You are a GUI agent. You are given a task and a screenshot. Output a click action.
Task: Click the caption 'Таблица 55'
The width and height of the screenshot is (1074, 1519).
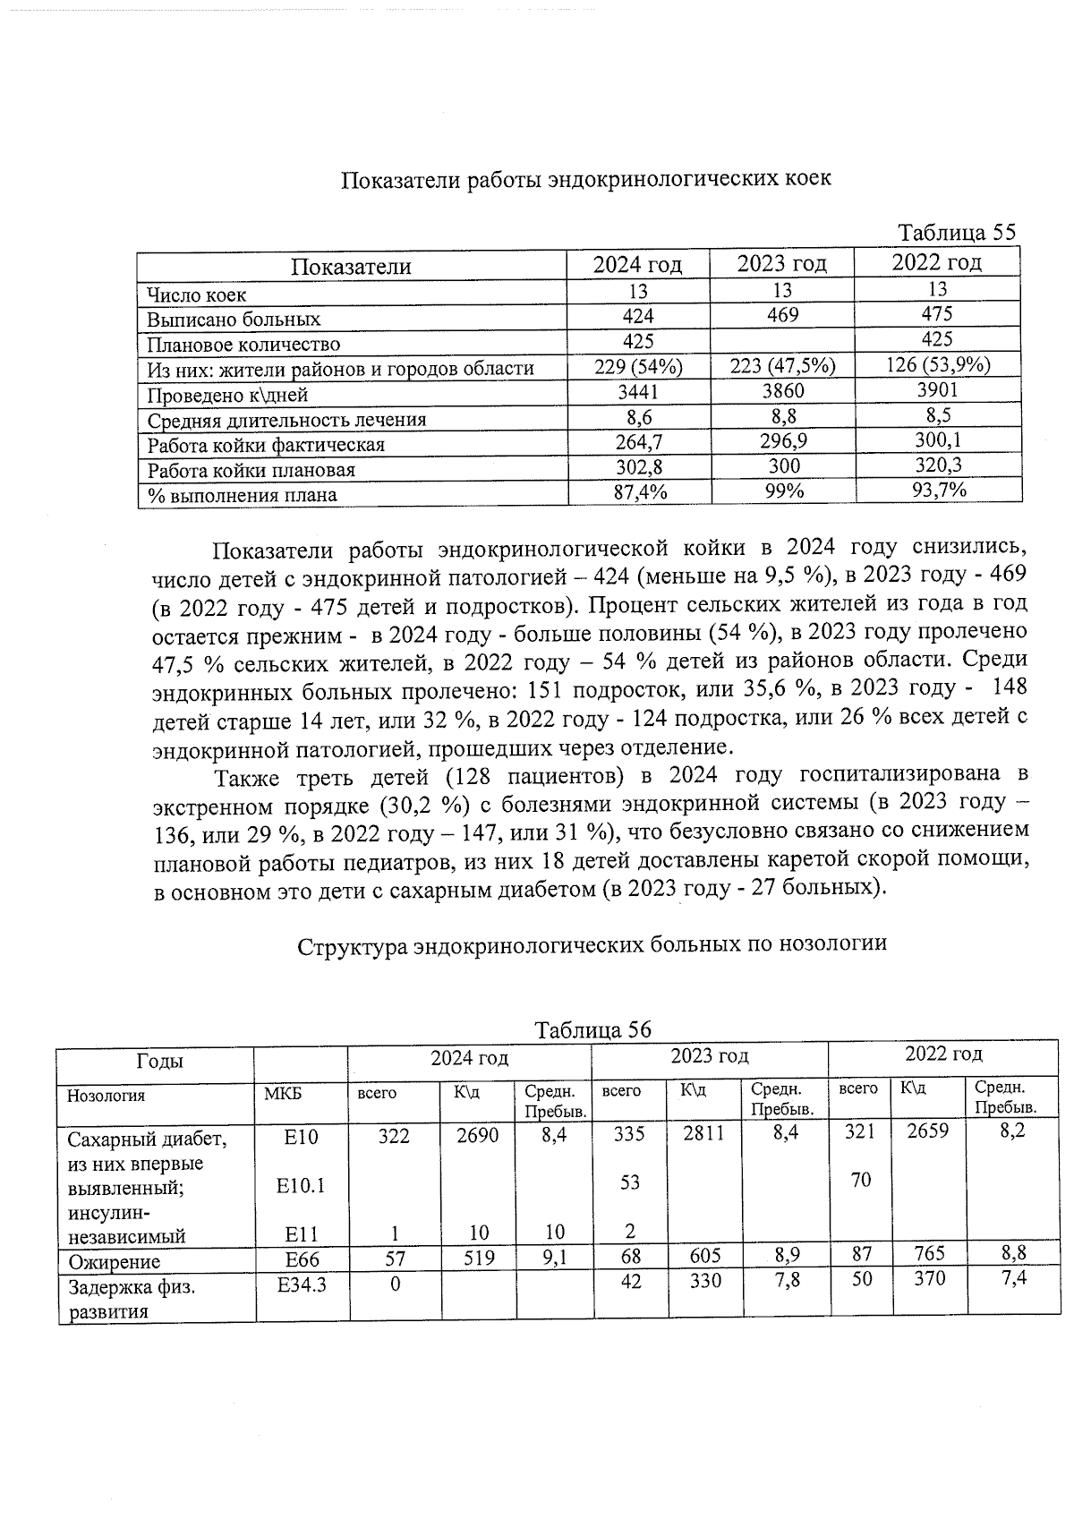click(x=957, y=233)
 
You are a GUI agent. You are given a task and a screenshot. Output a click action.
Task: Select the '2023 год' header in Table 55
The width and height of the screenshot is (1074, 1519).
click(x=781, y=264)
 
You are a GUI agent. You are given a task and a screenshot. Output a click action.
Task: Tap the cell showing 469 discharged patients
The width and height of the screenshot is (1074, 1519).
click(x=781, y=315)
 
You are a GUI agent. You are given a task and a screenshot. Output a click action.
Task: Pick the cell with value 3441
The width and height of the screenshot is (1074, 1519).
click(x=637, y=391)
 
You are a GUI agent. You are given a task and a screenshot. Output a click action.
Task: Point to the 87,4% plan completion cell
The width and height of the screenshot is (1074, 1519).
click(x=639, y=492)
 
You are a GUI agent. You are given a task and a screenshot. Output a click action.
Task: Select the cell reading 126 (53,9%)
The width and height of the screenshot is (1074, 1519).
click(x=936, y=364)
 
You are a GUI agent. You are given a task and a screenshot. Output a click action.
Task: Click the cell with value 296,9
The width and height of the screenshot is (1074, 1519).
click(x=781, y=442)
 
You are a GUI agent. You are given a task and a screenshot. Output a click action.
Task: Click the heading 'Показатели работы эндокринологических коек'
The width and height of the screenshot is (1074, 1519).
click(x=586, y=179)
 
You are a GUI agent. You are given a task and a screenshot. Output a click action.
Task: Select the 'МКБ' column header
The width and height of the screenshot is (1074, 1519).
click(x=283, y=1095)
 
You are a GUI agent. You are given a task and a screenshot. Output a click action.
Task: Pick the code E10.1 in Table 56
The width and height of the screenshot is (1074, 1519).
click(x=300, y=1186)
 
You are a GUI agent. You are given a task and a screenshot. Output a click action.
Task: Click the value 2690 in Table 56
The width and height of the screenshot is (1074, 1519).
click(x=477, y=1136)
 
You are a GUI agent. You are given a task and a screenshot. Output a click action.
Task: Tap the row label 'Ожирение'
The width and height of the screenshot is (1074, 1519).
click(x=115, y=1262)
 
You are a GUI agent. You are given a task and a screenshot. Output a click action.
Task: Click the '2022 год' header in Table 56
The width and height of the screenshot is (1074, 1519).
click(x=942, y=1054)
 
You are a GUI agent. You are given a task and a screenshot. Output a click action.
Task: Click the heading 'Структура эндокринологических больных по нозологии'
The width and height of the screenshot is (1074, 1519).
click(x=592, y=944)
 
